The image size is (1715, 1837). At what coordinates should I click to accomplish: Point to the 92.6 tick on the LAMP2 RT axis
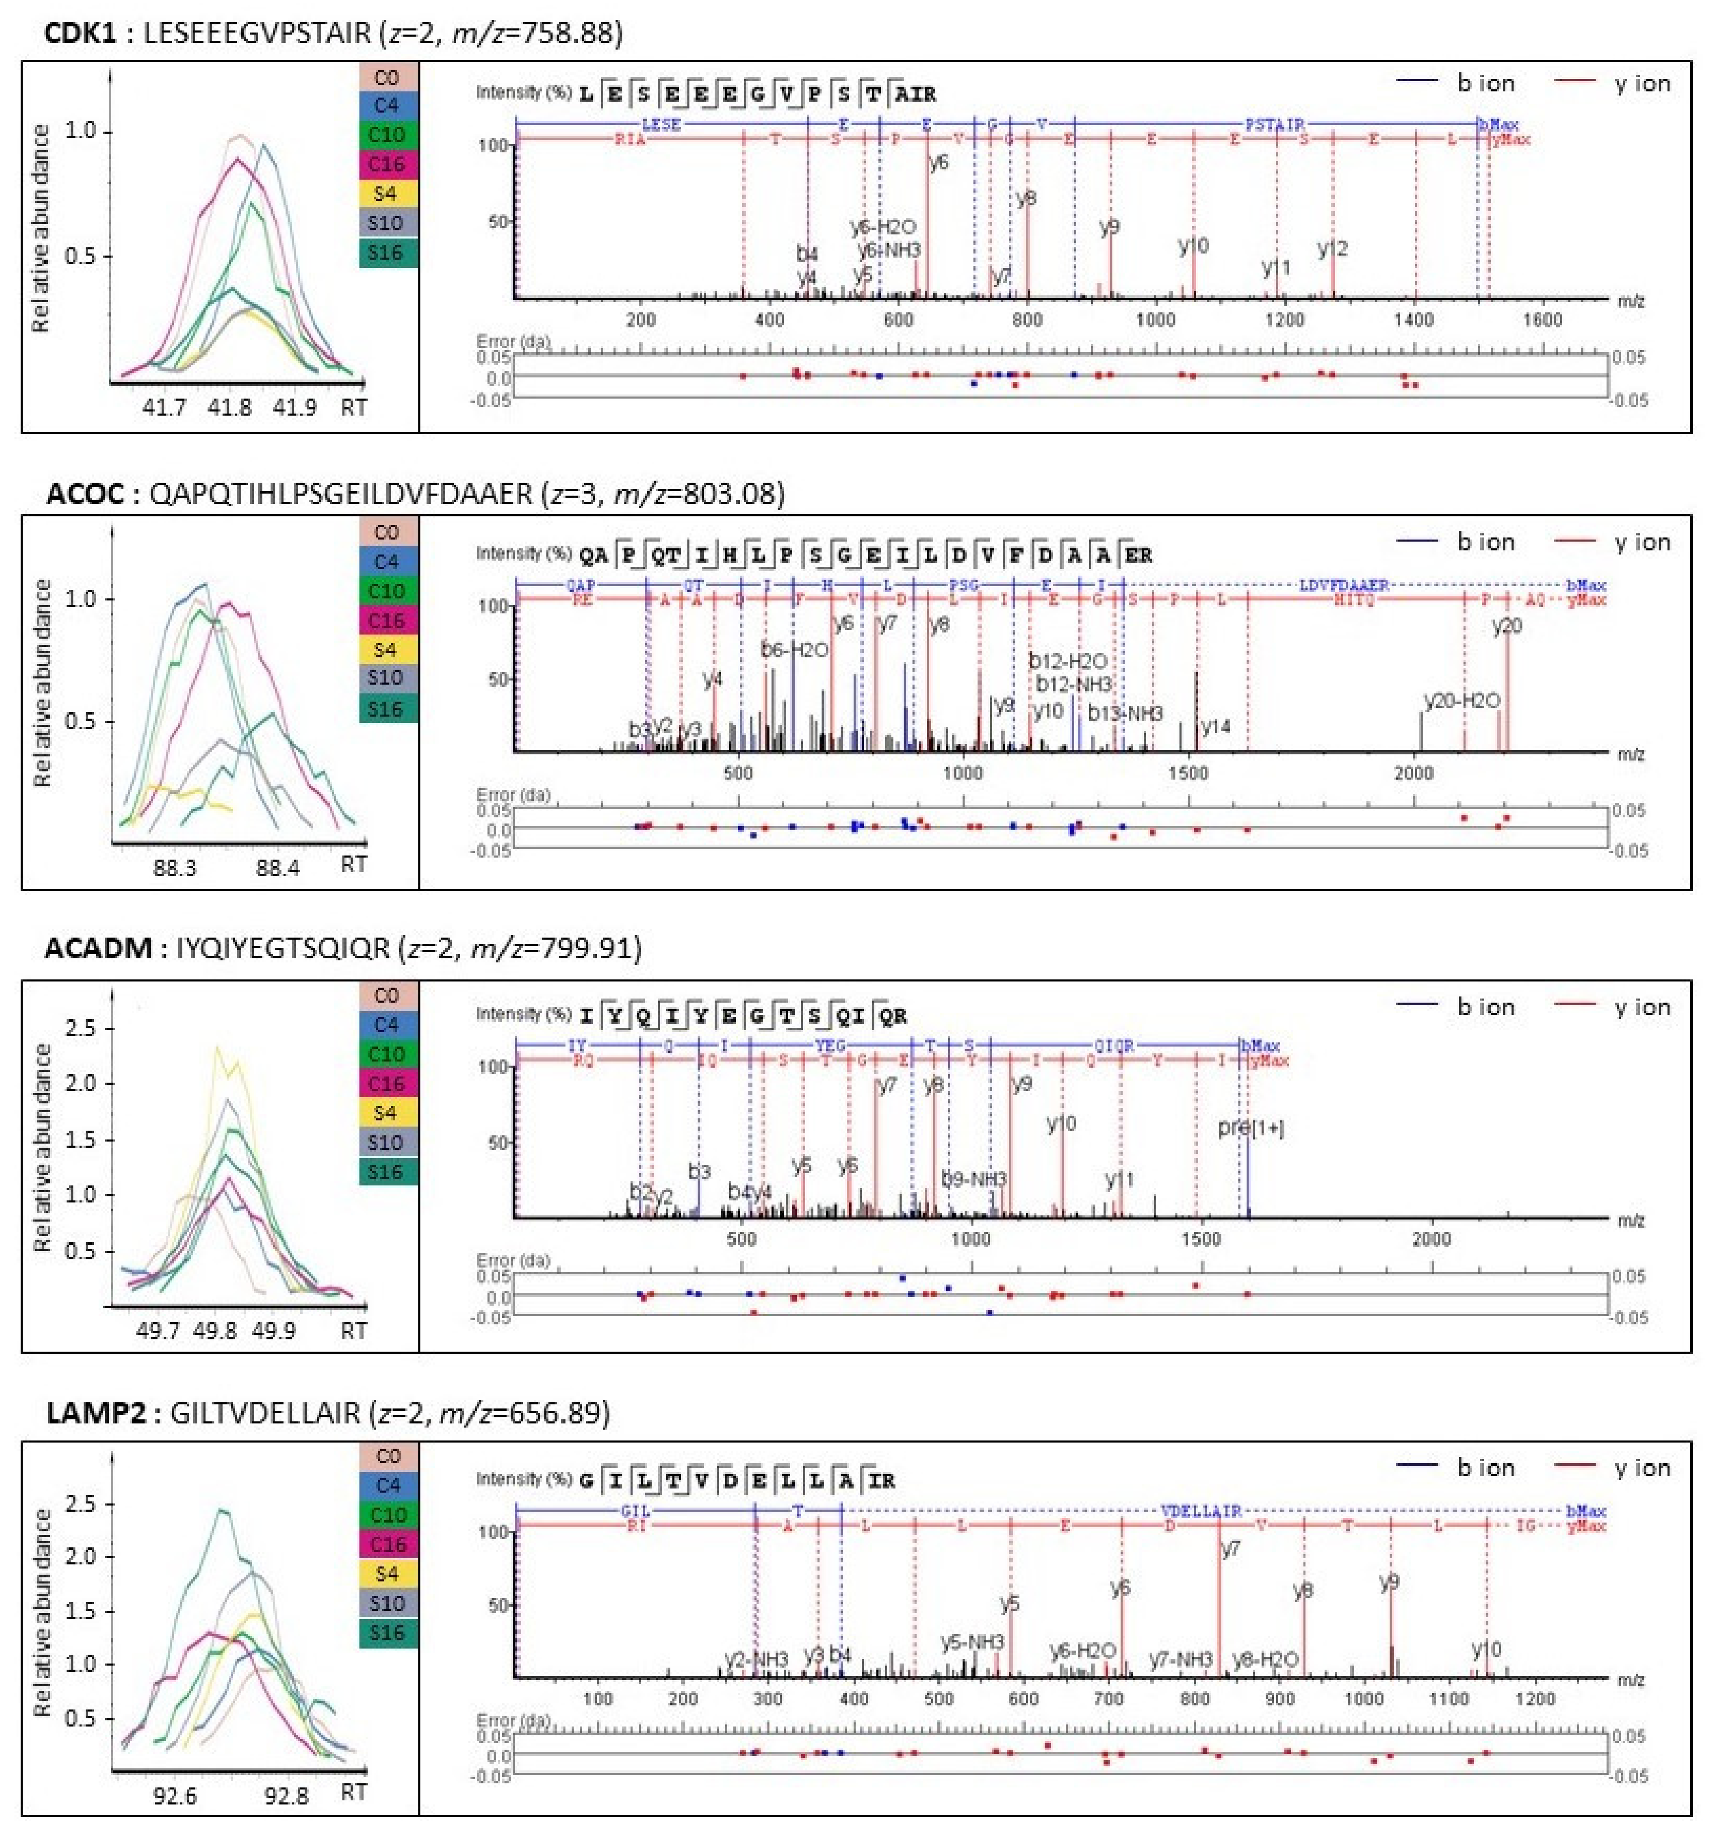tap(175, 1796)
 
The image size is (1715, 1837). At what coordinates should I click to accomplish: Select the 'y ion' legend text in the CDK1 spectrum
tap(1642, 84)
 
